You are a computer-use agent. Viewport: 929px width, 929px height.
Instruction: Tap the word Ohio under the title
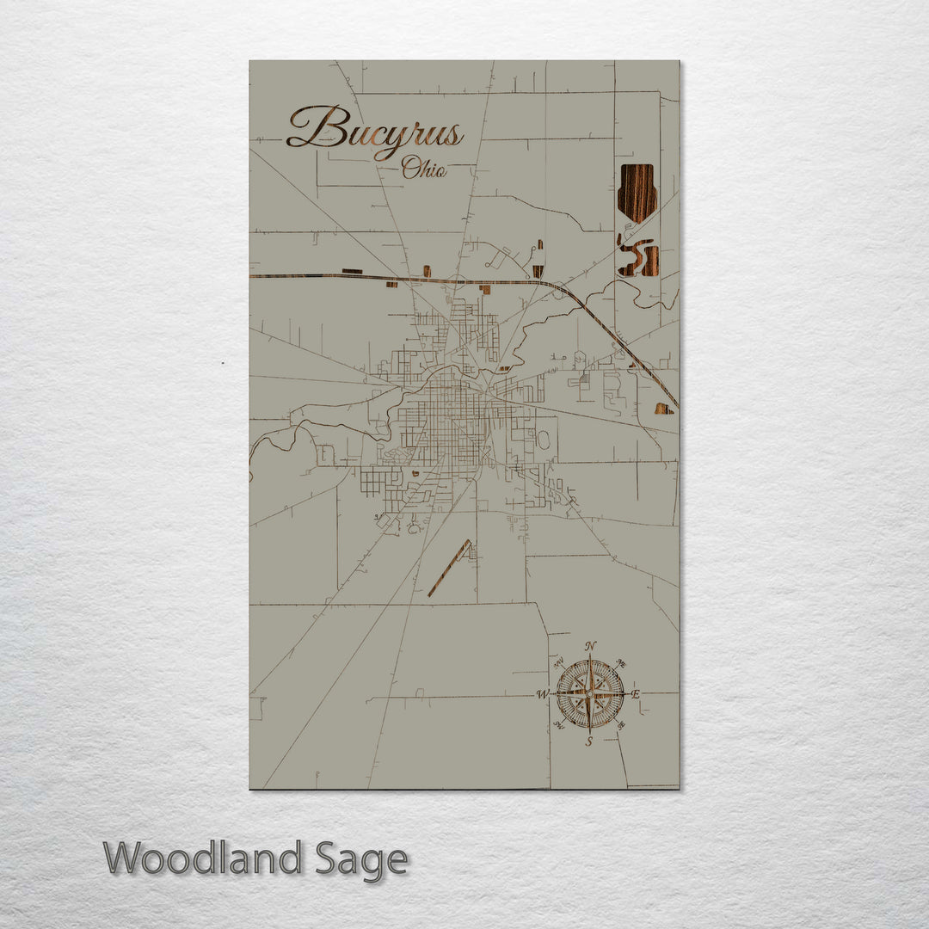point(424,169)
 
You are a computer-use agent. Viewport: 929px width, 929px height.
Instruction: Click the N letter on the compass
point(590,647)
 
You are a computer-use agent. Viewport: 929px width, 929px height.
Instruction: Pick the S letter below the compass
point(589,741)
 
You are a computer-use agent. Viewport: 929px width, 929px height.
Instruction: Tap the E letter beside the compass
point(637,694)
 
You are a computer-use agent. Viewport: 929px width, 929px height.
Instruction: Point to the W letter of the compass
point(543,694)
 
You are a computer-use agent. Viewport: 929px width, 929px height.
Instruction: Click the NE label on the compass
point(622,663)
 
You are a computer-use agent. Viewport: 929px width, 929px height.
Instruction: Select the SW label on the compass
point(558,725)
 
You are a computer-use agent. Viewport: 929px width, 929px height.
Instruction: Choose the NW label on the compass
point(558,663)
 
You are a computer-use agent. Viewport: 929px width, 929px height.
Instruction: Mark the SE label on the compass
point(621,725)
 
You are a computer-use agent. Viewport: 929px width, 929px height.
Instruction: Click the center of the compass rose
point(590,693)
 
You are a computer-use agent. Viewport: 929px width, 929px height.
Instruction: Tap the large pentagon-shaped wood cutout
point(637,192)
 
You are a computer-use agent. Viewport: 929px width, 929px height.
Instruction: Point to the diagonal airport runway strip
point(450,568)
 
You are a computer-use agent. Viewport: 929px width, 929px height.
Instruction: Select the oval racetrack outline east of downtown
point(544,440)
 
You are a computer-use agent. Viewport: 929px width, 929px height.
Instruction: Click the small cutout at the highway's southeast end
point(663,409)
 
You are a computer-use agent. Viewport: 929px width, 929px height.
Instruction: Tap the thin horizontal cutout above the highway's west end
point(352,271)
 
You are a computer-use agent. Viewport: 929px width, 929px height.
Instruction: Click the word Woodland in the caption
point(203,858)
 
